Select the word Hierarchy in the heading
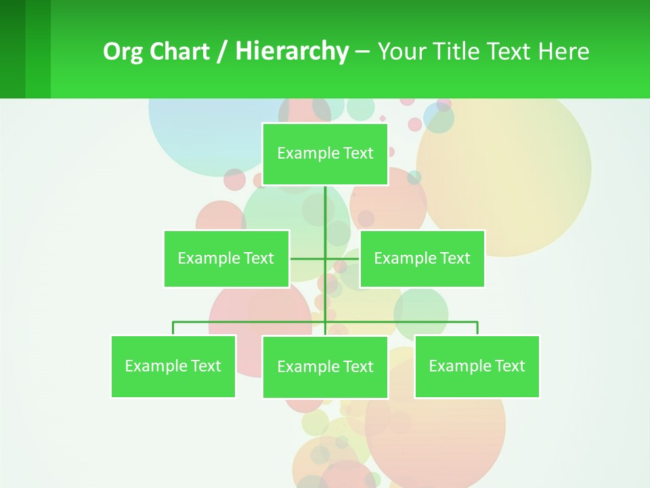(x=291, y=52)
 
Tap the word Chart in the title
(x=179, y=52)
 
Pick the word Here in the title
(x=563, y=52)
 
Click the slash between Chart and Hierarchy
(x=222, y=52)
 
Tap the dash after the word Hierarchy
(x=362, y=52)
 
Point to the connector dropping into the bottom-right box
(x=477, y=328)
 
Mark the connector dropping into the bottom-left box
(x=173, y=328)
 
